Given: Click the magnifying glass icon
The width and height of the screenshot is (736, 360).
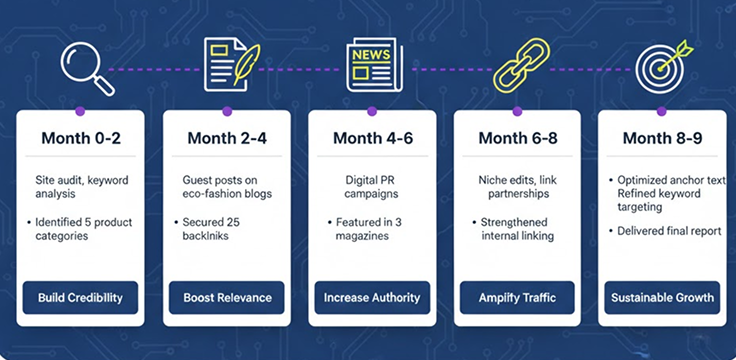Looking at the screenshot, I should coord(85,66).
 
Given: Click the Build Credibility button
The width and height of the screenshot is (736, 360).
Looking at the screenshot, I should coord(81,297).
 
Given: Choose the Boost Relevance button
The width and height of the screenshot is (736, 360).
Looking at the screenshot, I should coord(226,297).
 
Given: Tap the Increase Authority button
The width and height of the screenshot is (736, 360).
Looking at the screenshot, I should coord(372,297).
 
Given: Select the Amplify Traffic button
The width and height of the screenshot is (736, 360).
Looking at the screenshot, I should coord(517,297).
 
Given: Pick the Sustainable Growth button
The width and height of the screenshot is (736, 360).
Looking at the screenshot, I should coord(663,297).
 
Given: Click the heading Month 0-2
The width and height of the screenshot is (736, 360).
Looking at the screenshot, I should coord(81,138).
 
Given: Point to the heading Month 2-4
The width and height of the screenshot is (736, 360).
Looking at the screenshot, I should coord(226,138).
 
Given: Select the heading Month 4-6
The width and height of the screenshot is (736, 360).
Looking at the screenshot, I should coord(372,138).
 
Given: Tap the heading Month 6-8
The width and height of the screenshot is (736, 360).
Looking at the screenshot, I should coord(517,138).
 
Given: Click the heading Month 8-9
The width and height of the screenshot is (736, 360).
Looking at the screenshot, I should coord(663,138).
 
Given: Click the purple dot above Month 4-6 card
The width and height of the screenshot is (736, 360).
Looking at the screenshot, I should coord(373,111).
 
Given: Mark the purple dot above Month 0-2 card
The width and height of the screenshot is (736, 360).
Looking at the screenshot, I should coord(80,111).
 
